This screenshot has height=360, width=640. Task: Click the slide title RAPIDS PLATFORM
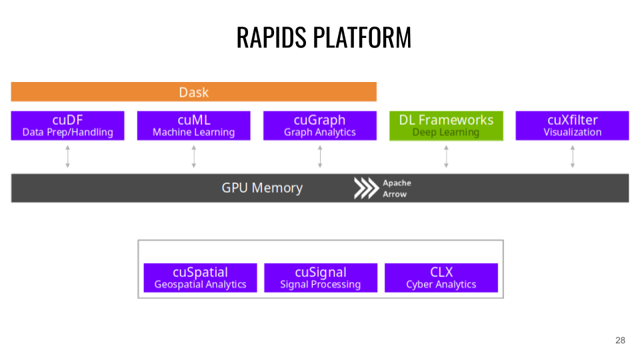coord(323,37)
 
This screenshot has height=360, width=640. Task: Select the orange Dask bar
coord(193,92)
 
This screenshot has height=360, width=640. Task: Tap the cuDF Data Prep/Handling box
coord(67,125)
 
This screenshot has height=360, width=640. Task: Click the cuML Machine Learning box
coord(193,125)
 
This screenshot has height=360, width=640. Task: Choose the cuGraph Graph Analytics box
coord(320,125)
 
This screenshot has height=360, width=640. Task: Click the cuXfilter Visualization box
coord(572,125)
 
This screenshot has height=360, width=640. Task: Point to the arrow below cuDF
coord(67,157)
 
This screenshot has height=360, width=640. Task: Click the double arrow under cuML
coord(194,157)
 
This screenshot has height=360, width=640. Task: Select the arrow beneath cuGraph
coord(320,157)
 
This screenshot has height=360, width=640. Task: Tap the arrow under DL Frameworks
coord(446,157)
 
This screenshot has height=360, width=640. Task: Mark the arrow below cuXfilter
coord(573,157)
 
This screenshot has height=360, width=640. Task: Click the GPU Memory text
coord(262,188)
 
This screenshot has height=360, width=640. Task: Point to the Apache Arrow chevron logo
coord(365,189)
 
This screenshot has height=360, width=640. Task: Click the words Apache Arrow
coord(397,189)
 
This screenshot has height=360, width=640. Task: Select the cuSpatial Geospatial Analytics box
coord(200,277)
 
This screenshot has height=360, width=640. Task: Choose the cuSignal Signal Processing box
coord(321,277)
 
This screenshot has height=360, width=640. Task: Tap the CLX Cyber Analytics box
coord(441,277)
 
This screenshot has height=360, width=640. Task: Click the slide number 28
coord(620,341)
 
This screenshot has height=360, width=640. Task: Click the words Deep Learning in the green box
coord(446,133)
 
